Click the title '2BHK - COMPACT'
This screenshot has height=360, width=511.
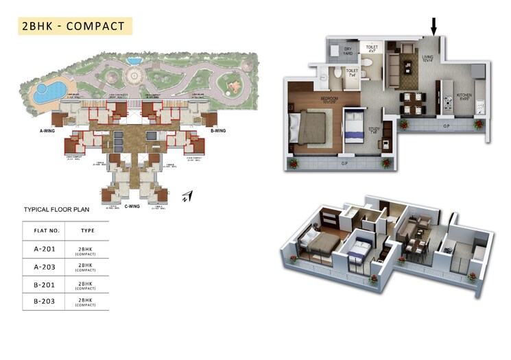[x=73, y=26]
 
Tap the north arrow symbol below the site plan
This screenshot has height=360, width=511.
[x=187, y=197]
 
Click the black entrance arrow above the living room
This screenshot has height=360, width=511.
[x=433, y=26]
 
